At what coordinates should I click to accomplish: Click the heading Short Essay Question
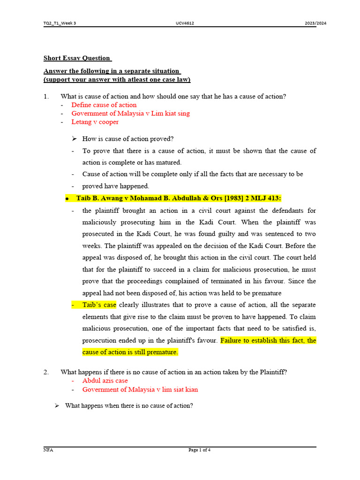pyautogui.click(x=77, y=58)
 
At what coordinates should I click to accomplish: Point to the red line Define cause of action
pyautogui.click(x=104, y=105)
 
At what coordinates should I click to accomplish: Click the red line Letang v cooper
pyautogui.click(x=95, y=122)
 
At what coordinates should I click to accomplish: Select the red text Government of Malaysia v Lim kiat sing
pyautogui.click(x=130, y=113)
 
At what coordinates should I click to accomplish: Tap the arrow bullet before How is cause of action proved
pyautogui.click(x=74, y=139)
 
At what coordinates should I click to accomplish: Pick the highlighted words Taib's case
pyautogui.click(x=99, y=305)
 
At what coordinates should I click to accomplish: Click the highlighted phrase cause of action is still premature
pyautogui.click(x=130, y=352)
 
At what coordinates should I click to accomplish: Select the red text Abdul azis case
pyautogui.click(x=105, y=381)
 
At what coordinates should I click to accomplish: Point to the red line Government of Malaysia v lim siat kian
pyautogui.click(x=140, y=390)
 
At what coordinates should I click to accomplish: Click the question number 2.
pyautogui.click(x=46, y=372)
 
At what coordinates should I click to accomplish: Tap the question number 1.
pyautogui.click(x=46, y=97)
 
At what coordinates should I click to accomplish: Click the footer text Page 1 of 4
pyautogui.click(x=199, y=450)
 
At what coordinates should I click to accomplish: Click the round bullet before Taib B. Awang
pyautogui.click(x=67, y=199)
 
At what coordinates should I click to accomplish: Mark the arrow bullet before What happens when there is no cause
pyautogui.click(x=57, y=405)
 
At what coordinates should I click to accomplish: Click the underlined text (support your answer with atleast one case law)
pyautogui.click(x=117, y=80)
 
